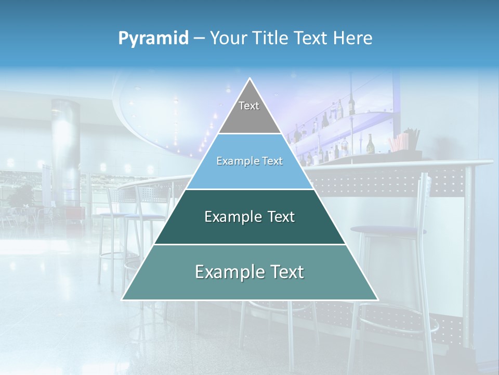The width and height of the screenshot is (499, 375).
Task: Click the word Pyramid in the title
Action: (153, 38)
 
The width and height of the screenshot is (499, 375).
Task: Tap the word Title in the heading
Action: (271, 38)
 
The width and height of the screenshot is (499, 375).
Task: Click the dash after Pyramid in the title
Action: (199, 39)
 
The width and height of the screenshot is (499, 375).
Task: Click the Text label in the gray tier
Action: (249, 106)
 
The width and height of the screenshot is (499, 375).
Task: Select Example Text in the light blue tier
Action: (249, 161)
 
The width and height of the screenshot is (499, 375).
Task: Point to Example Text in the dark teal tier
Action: (249, 217)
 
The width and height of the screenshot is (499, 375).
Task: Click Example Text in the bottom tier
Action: (249, 272)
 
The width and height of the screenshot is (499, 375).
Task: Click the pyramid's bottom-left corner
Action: (123, 299)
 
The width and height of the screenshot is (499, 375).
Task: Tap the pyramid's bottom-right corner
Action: (377, 299)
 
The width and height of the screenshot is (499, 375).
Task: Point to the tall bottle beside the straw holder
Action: (370, 144)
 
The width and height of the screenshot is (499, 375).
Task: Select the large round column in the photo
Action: (65, 151)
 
